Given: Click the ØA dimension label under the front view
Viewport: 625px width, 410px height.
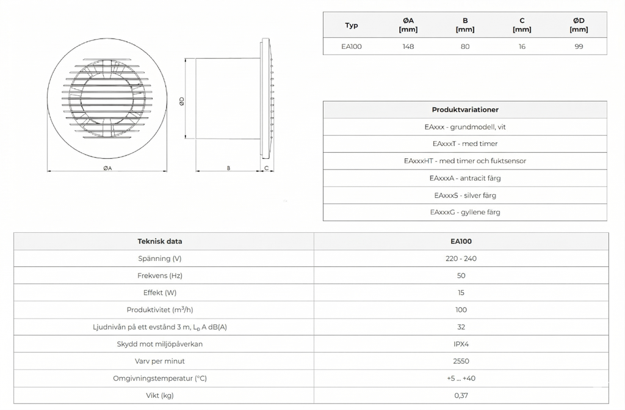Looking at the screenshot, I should (x=107, y=167).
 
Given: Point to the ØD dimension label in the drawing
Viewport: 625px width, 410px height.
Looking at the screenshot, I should (x=182, y=103).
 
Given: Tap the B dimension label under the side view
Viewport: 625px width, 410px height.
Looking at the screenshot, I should (x=228, y=167).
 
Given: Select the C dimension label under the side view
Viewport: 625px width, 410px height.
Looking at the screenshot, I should (x=266, y=167).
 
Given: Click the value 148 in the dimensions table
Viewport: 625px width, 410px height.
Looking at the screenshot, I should (x=408, y=46).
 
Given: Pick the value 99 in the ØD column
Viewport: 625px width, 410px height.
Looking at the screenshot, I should (x=579, y=46).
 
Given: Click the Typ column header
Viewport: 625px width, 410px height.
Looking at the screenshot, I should (x=352, y=26).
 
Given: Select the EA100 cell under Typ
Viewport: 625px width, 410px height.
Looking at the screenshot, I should (x=352, y=46).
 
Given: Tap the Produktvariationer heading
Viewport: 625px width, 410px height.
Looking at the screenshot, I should (x=465, y=110).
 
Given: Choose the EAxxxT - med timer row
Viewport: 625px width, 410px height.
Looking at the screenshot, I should (x=465, y=144).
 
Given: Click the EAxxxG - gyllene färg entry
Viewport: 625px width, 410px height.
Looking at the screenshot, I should (x=465, y=213).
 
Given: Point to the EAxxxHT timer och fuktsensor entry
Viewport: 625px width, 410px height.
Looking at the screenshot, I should (x=465, y=161).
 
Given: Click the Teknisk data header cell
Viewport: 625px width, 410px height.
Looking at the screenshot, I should (x=160, y=241).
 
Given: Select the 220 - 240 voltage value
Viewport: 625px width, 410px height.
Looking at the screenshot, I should (x=461, y=258).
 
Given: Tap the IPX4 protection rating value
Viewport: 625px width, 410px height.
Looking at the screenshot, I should (x=461, y=344).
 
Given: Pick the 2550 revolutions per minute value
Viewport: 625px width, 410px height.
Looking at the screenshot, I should (x=461, y=361).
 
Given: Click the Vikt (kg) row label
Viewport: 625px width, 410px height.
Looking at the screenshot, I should (x=160, y=395).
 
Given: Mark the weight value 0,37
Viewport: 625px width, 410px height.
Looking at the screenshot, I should (x=461, y=395).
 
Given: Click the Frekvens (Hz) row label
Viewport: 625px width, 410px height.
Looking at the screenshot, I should (x=160, y=276).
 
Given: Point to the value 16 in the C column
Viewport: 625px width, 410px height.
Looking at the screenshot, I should (x=522, y=46).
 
